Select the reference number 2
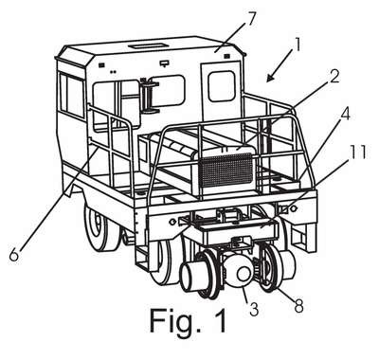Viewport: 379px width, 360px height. [x=332, y=76]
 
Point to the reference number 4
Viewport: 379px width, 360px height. [x=344, y=115]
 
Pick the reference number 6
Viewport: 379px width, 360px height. [x=14, y=254]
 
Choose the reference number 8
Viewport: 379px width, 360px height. [x=298, y=304]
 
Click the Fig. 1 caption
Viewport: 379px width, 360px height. [x=189, y=321]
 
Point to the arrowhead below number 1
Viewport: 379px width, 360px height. [x=270, y=77]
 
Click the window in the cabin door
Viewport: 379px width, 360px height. [x=222, y=86]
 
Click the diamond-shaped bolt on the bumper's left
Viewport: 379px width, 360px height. [x=172, y=222]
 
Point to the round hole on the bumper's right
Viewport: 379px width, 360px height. [x=294, y=208]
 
